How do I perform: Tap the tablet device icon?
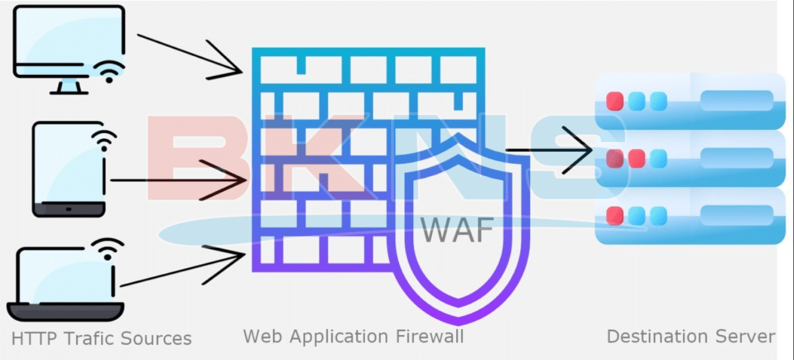coord(68,169)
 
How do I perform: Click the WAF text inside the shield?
coord(457,230)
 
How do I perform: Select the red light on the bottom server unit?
coord(614,216)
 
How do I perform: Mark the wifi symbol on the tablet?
coord(103,140)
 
